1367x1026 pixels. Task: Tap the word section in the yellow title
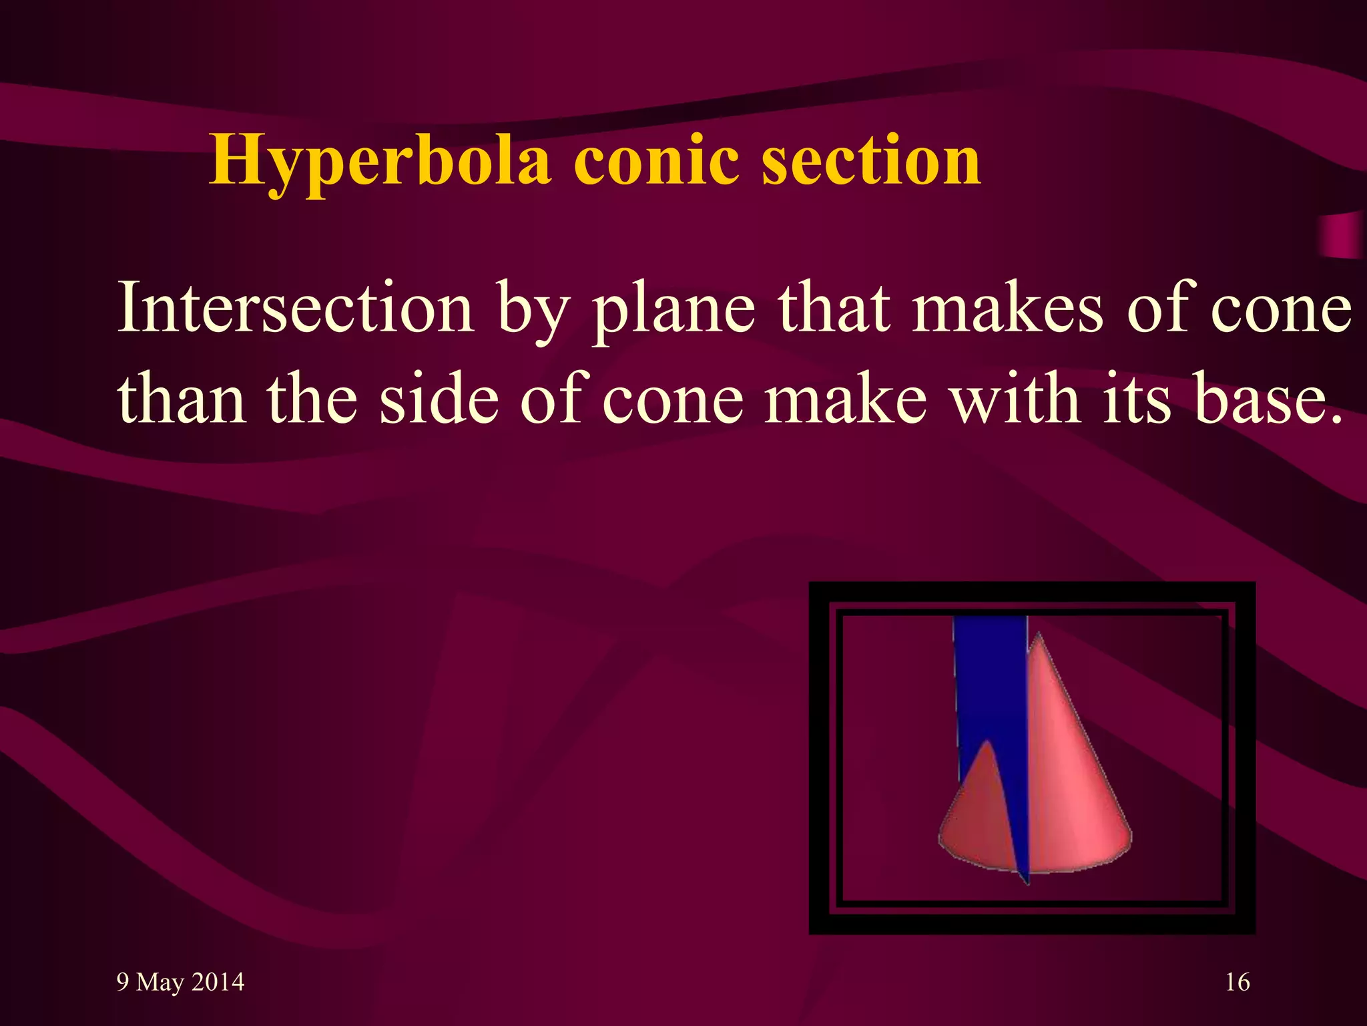pyautogui.click(x=871, y=160)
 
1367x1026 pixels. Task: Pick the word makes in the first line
pyautogui.click(x=1008, y=307)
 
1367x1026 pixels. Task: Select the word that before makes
pyautogui.click(x=834, y=307)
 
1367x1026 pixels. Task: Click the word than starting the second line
pyautogui.click(x=181, y=399)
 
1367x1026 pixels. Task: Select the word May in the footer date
pyautogui.click(x=160, y=983)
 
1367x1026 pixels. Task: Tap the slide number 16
pyautogui.click(x=1238, y=982)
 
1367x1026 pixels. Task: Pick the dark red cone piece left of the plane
pyautogui.click(x=978, y=815)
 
